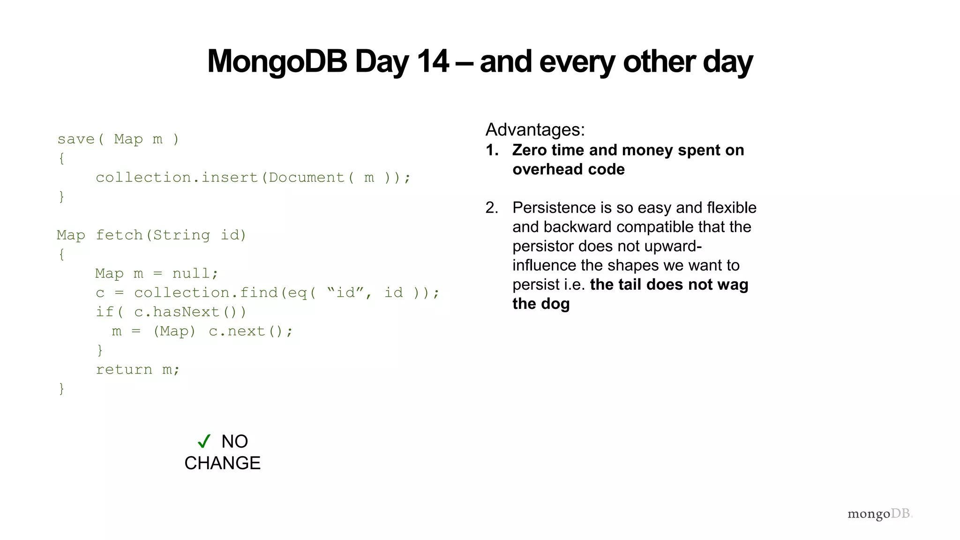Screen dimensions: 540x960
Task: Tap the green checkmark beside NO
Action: coord(204,441)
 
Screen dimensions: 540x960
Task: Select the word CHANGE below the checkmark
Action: coord(222,463)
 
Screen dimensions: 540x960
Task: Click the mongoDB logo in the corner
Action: coord(879,514)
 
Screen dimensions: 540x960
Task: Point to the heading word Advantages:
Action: coord(535,130)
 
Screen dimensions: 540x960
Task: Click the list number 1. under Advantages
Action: coord(492,150)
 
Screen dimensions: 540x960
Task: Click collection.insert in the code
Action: coord(177,178)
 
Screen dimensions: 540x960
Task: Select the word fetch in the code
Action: coord(119,235)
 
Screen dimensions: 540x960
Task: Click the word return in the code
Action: coord(124,370)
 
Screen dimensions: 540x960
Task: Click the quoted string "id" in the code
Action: coord(345,293)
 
